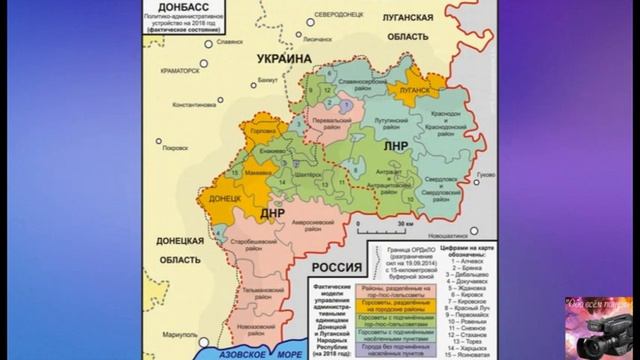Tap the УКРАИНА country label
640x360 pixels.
pos(285,59)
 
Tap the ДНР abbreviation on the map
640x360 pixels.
pos(275,213)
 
